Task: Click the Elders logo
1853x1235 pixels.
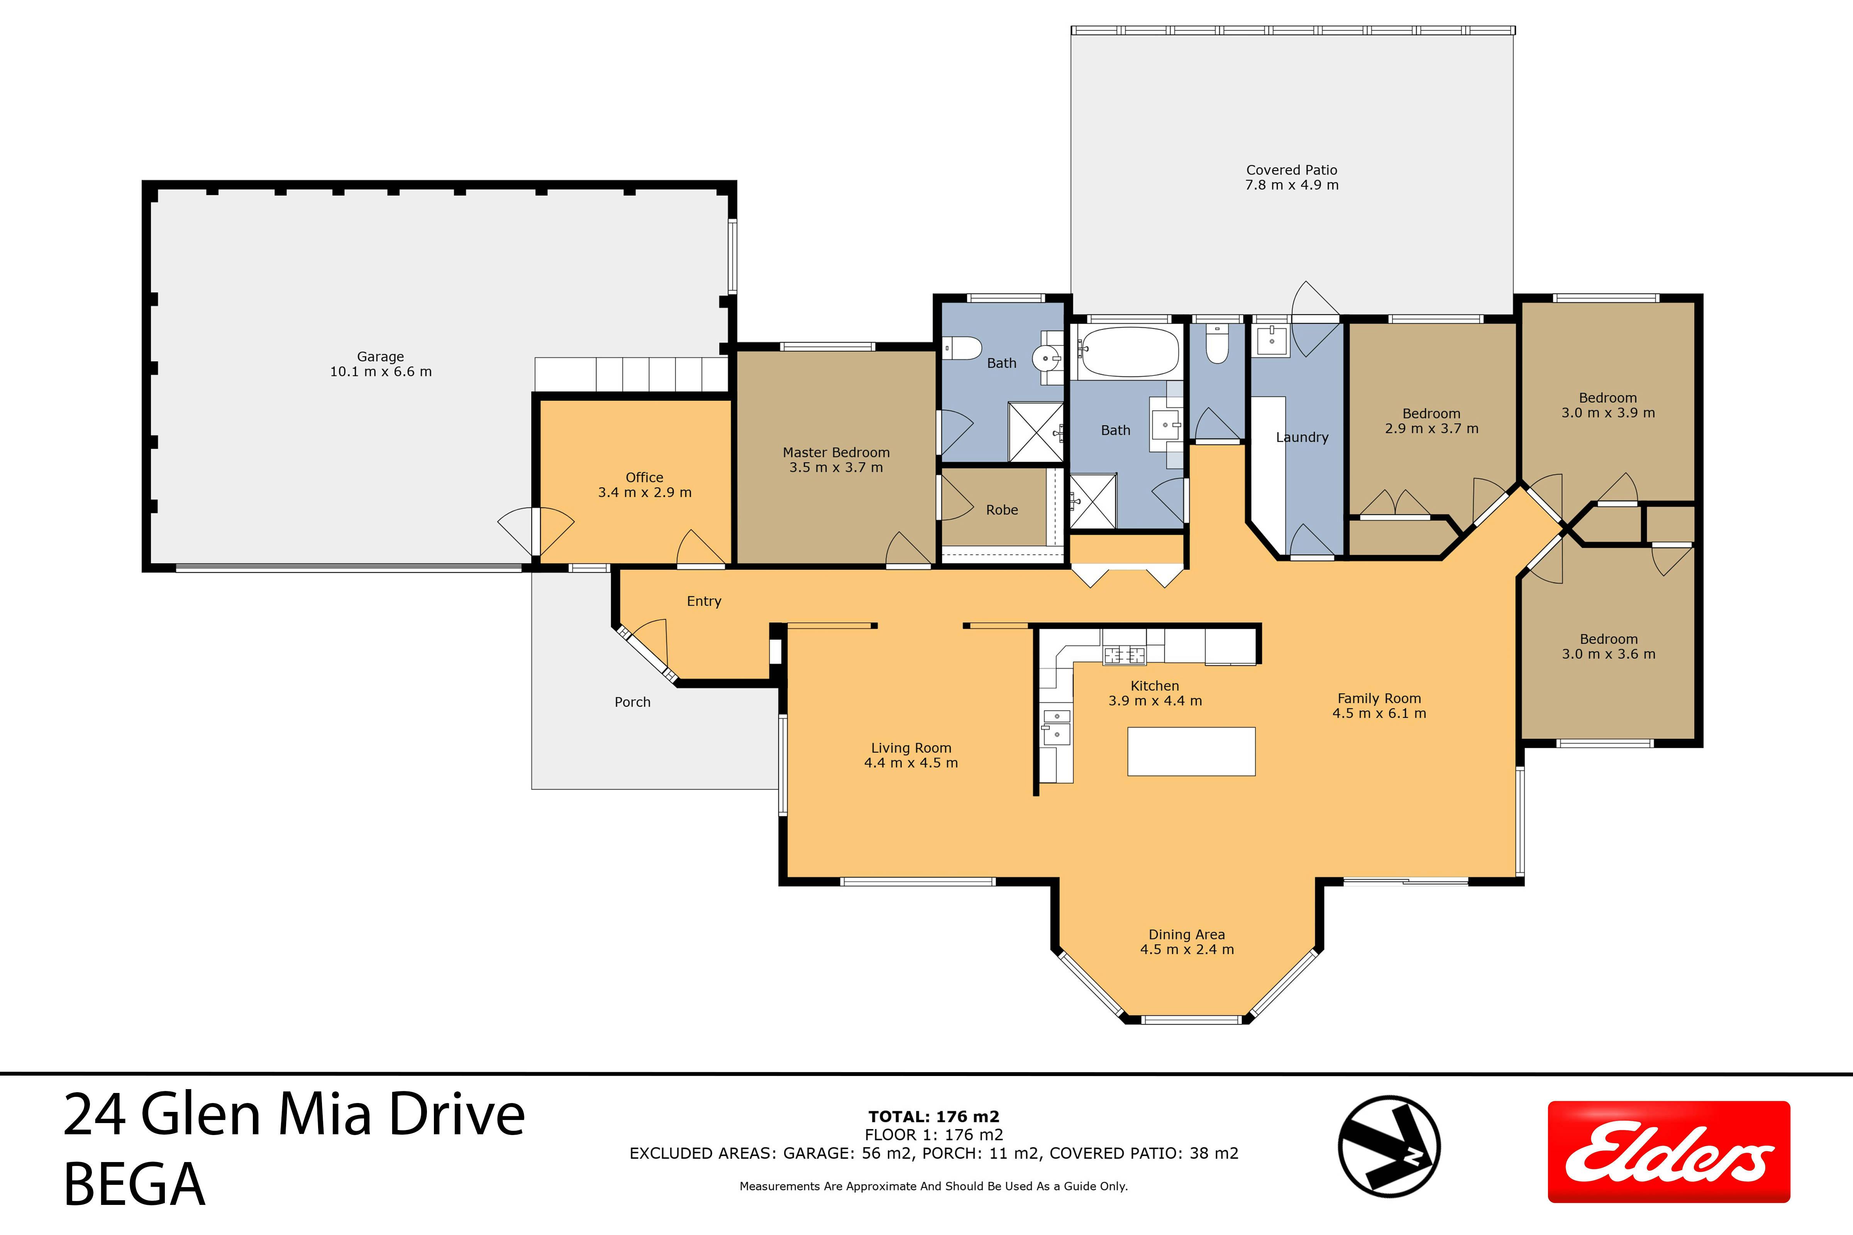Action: point(1668,1152)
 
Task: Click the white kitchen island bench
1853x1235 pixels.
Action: point(1191,751)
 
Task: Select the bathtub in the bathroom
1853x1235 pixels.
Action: point(1130,352)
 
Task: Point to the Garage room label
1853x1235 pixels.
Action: point(381,357)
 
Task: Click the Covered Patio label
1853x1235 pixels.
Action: point(1292,170)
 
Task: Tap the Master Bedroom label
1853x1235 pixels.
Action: point(836,453)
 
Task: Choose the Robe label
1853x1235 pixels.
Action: point(1002,510)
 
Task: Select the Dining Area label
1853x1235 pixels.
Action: point(1186,935)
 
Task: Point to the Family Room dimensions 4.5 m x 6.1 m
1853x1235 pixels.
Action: point(1379,714)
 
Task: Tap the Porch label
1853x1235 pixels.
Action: point(633,702)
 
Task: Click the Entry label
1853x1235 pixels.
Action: point(703,602)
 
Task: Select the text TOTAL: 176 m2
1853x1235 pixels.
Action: point(933,1117)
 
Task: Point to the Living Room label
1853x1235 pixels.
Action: point(911,748)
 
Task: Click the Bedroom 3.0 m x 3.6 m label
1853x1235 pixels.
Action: point(1609,647)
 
